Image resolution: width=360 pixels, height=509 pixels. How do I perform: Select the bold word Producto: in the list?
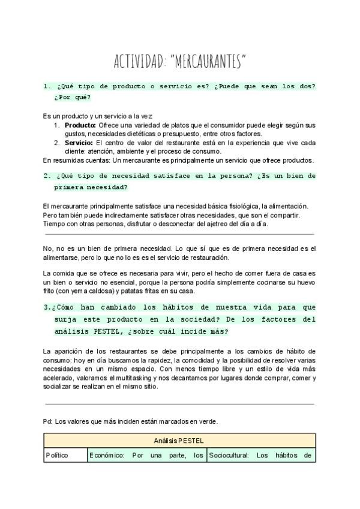pyautogui.click(x=80, y=125)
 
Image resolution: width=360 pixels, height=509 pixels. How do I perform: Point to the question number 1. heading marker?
pyautogui.click(x=47, y=86)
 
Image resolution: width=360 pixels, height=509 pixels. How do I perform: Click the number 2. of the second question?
pyautogui.click(x=47, y=176)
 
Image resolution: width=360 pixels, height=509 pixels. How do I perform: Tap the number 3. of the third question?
pyautogui.click(x=47, y=307)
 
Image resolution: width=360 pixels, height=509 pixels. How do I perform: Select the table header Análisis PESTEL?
pyautogui.click(x=179, y=441)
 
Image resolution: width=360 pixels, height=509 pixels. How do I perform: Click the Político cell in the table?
pyautogui.click(x=58, y=455)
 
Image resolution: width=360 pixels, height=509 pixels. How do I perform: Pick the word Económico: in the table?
pyautogui.click(x=107, y=455)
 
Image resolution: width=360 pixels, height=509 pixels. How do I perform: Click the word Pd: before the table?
pyautogui.click(x=48, y=421)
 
